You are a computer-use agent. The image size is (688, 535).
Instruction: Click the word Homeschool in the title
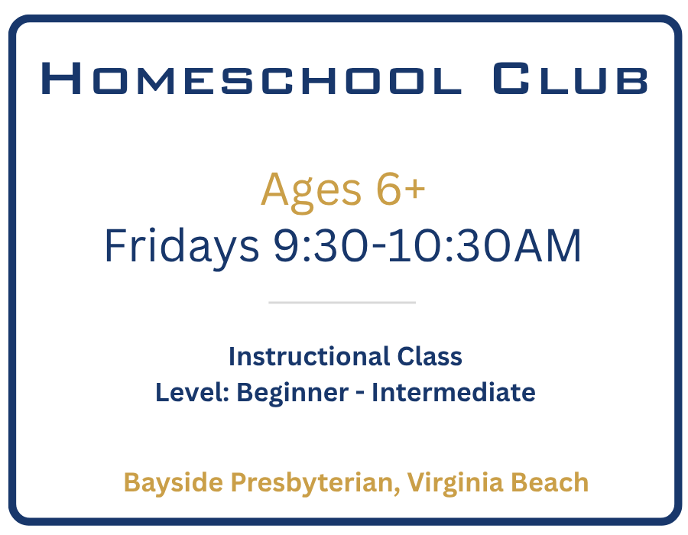click(x=252, y=78)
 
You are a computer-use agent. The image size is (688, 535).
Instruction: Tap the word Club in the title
click(x=570, y=78)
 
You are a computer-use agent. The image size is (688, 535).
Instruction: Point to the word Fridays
click(x=182, y=246)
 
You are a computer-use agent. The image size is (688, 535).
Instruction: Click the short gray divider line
click(x=342, y=303)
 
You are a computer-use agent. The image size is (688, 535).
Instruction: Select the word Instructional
click(x=310, y=356)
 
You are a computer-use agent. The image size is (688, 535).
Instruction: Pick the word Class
click(x=430, y=356)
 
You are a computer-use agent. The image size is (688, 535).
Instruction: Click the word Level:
click(x=193, y=392)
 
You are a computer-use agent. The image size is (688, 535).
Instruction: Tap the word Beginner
click(x=293, y=394)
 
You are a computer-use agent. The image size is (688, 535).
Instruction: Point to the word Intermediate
click(x=453, y=392)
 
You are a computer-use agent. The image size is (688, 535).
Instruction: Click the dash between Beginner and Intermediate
click(x=360, y=394)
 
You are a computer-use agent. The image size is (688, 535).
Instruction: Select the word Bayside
click(x=174, y=483)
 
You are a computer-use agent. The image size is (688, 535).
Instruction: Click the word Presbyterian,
click(x=316, y=483)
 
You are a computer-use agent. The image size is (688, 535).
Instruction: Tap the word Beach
click(x=550, y=482)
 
